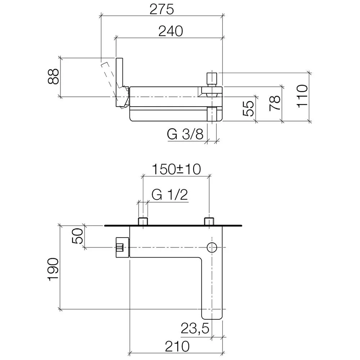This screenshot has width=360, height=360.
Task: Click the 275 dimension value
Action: (x=162, y=9)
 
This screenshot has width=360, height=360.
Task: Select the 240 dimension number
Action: (x=171, y=31)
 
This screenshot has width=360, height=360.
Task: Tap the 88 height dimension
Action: (x=54, y=76)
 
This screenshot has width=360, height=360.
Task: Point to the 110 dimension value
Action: (x=302, y=96)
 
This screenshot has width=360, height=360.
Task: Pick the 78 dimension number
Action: (x=275, y=103)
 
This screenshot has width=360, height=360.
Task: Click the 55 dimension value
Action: (x=248, y=108)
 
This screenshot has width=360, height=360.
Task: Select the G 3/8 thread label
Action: (x=185, y=134)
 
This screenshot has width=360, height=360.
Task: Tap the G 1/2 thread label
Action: (x=170, y=195)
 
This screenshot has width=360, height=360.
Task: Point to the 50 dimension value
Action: (x=77, y=236)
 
